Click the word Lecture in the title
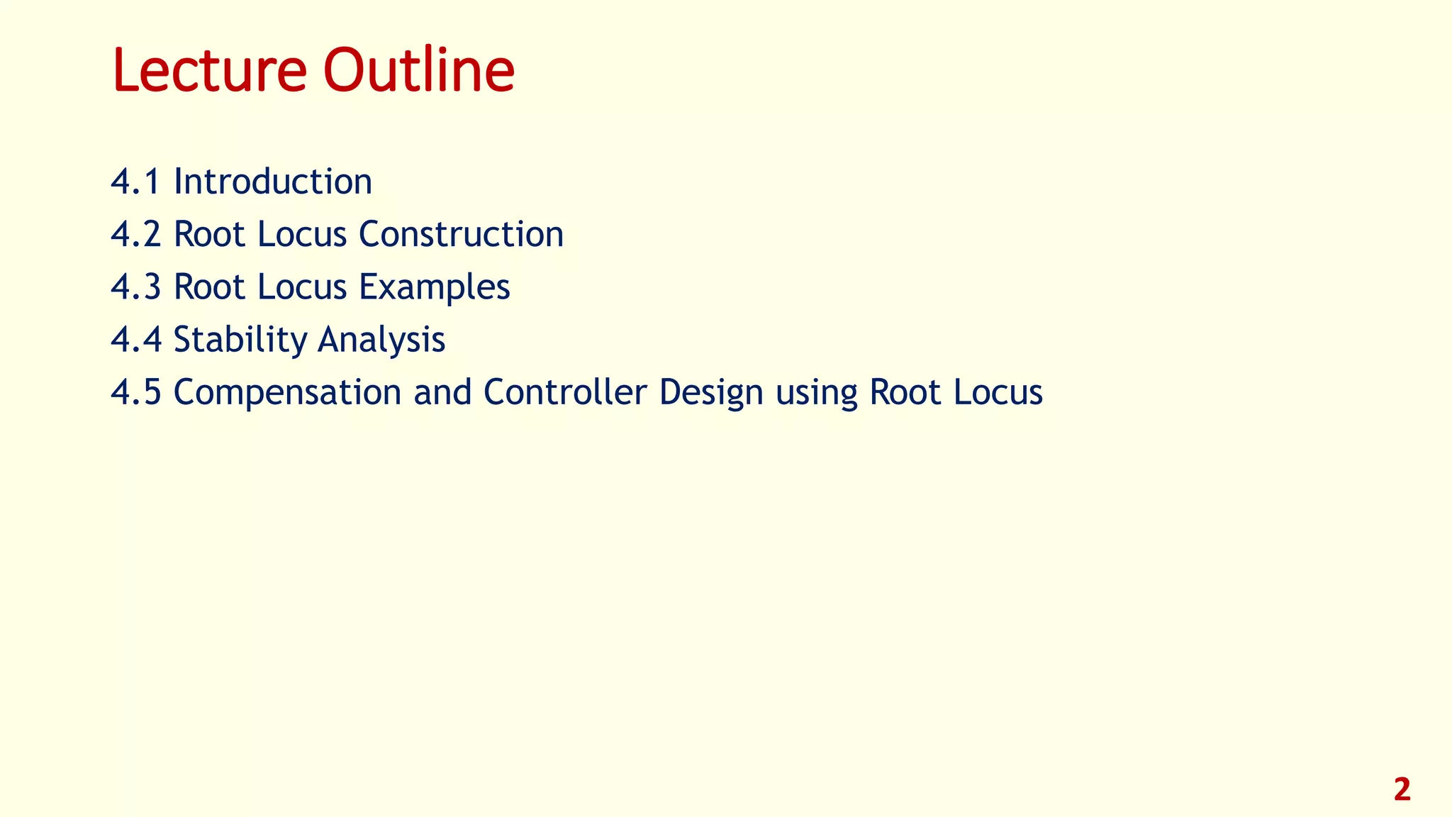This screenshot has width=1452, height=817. [x=209, y=70]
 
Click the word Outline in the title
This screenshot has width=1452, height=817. [x=418, y=70]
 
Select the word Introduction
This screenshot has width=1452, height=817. [x=273, y=182]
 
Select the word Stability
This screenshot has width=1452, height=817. [x=239, y=340]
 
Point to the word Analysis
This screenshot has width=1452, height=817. [x=381, y=340]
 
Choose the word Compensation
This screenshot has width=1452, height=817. [x=287, y=392]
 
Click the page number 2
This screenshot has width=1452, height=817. [x=1402, y=789]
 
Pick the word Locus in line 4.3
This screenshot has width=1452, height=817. [x=302, y=287]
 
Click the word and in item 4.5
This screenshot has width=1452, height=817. [x=442, y=391]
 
